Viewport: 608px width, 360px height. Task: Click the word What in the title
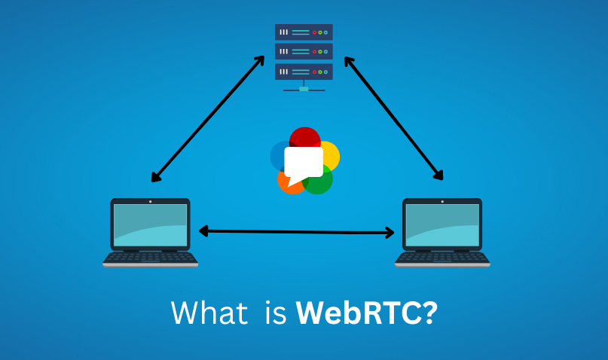point(209,313)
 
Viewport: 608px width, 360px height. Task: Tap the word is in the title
point(275,313)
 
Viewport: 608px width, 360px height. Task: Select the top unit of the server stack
point(304,32)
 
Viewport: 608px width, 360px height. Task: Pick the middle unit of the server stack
point(304,52)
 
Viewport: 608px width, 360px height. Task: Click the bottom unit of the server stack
point(304,72)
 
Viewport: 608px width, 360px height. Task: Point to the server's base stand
point(304,89)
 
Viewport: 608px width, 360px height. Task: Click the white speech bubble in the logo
point(303,162)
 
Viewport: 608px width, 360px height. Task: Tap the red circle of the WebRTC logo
point(305,138)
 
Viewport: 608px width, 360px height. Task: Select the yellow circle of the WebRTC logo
point(329,154)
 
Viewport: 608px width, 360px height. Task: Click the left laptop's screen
point(150,224)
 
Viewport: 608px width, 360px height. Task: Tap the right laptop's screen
point(442,224)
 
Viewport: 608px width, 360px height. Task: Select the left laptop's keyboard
point(150,258)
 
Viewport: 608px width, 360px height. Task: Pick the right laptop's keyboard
point(442,258)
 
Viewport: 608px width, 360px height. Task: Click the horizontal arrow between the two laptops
point(296,231)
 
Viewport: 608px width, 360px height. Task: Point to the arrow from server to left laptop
point(208,118)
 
